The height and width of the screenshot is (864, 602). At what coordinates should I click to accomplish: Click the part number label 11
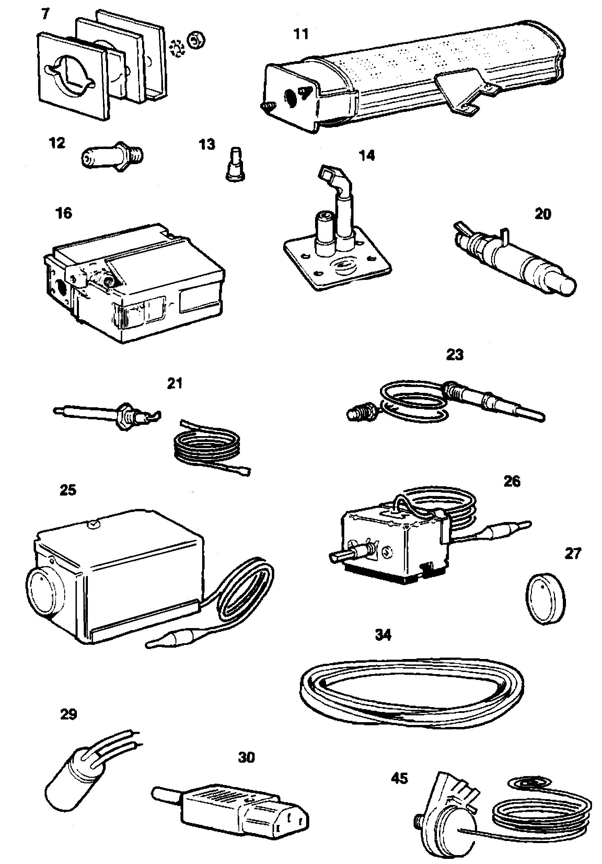pyautogui.click(x=301, y=34)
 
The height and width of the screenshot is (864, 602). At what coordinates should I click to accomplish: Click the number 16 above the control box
pyautogui.click(x=63, y=213)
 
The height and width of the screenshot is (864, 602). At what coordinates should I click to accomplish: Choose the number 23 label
pyautogui.click(x=455, y=354)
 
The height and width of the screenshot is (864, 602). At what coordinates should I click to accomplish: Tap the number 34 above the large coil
pyautogui.click(x=383, y=635)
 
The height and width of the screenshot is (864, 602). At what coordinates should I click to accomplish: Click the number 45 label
pyautogui.click(x=399, y=778)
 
